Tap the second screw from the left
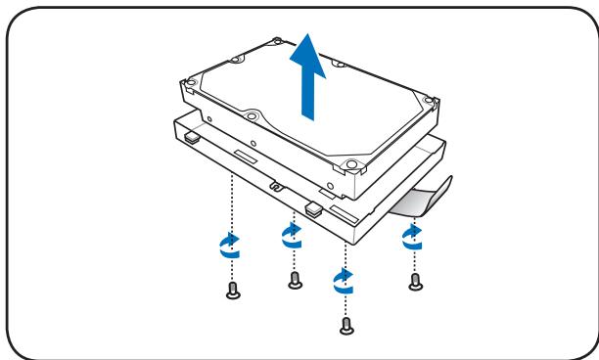[x=295, y=281]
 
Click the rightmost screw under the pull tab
[x=416, y=282]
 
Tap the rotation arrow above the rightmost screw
[x=412, y=236]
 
